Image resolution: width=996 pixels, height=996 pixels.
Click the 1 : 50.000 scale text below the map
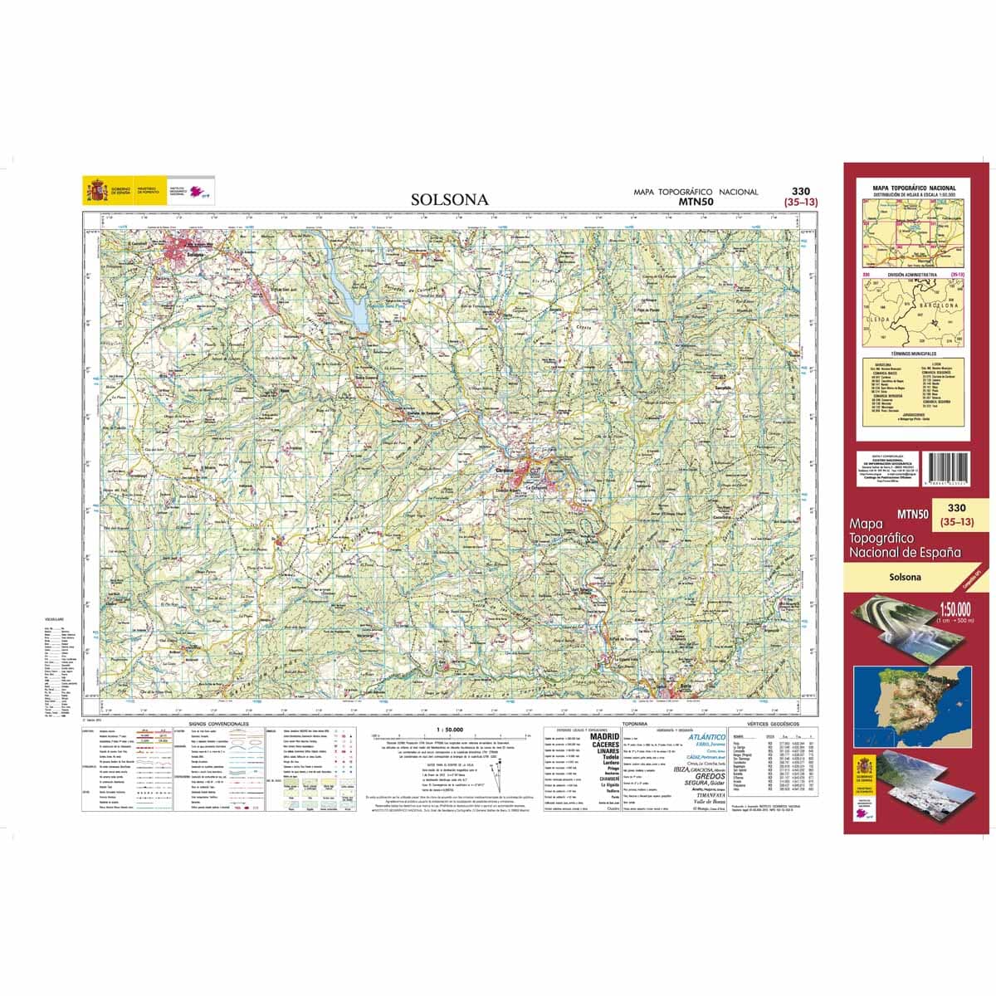(448, 729)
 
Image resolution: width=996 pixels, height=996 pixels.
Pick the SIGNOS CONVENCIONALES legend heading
(207, 725)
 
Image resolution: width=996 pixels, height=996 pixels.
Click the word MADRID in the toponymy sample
(604, 736)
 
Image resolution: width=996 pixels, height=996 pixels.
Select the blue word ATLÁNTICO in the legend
(701, 736)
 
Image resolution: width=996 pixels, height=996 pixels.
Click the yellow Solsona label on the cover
(906, 577)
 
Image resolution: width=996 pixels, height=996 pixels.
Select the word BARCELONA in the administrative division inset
(938, 305)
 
